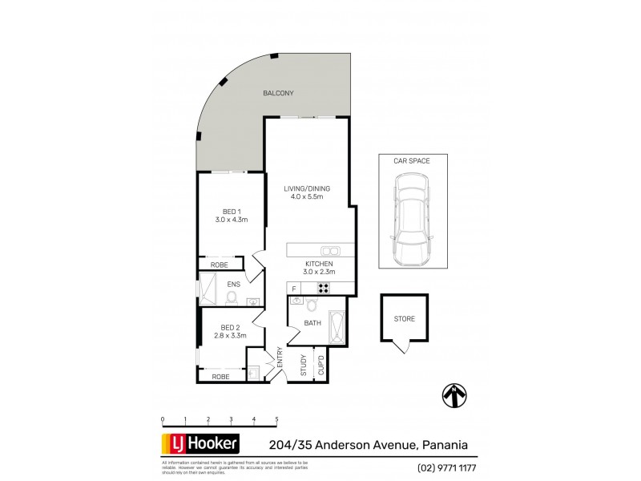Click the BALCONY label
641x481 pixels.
[x=278, y=94]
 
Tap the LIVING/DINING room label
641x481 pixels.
[x=307, y=189]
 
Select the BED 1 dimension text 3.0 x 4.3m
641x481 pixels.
[x=232, y=220]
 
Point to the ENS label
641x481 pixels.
[x=235, y=284]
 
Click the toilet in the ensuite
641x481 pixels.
[x=232, y=298]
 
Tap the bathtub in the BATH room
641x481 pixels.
[x=337, y=328]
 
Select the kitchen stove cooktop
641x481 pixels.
[x=325, y=289]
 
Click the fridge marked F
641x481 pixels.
[x=294, y=289]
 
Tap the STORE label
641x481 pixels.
[x=405, y=318]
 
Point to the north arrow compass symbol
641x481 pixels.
[x=454, y=394]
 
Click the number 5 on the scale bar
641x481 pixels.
[x=276, y=419]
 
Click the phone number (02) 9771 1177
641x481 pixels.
[x=446, y=467]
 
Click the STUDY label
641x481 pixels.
[x=303, y=365]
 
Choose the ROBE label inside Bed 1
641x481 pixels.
[x=220, y=265]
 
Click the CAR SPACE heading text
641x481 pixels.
[x=411, y=161]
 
